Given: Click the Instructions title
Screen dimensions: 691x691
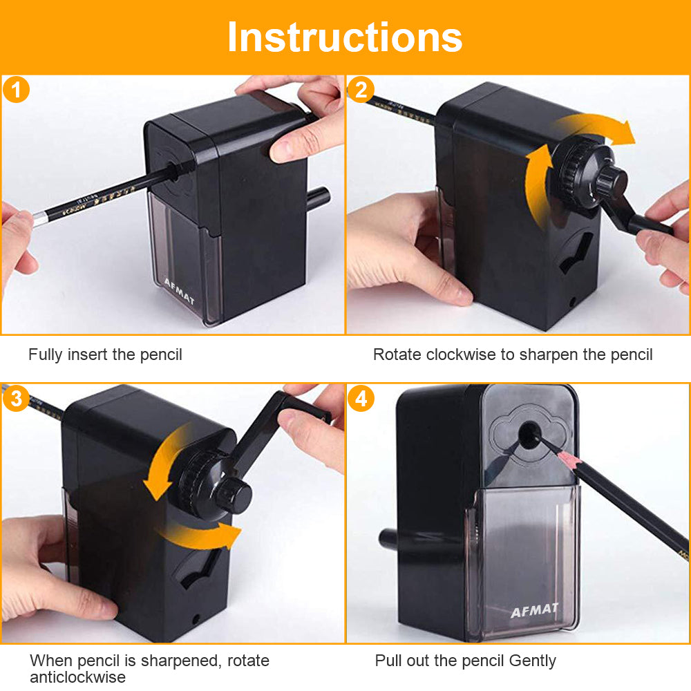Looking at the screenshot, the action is [345, 37].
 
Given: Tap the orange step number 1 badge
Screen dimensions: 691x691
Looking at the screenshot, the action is [16, 90].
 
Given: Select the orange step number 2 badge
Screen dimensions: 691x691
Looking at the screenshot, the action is [361, 90].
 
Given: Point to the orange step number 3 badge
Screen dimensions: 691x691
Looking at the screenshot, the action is [16, 399].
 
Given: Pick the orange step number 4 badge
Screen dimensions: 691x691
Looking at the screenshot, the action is [361, 399].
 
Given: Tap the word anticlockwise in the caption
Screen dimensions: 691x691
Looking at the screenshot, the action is [77, 677].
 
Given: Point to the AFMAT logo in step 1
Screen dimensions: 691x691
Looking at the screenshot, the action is [179, 292].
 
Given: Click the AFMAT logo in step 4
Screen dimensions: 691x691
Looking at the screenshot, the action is [535, 610].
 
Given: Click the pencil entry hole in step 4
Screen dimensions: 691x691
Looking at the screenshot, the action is [529, 434].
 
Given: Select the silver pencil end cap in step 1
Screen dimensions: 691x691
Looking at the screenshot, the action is [40, 218].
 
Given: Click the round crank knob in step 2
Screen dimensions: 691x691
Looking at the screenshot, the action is [612, 180].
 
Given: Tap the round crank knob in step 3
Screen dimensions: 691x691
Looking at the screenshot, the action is [234, 495].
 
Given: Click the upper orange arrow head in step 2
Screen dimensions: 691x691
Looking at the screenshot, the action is [623, 132].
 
